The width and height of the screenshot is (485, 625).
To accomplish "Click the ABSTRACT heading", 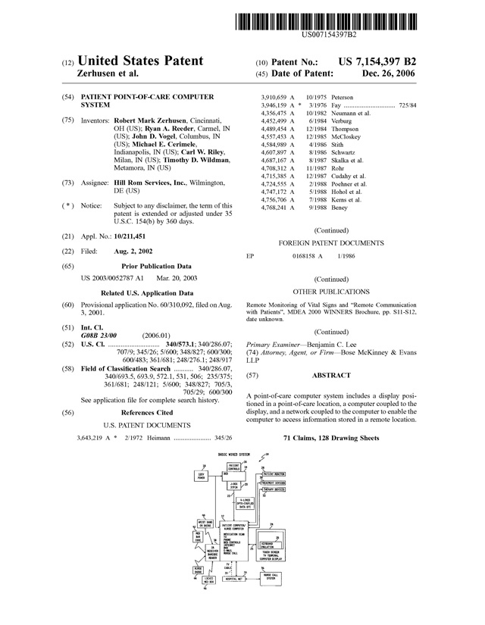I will [330, 375].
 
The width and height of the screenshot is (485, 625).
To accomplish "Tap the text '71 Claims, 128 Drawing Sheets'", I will [330, 439].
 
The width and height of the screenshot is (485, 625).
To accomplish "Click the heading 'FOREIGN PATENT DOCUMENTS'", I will [331, 243].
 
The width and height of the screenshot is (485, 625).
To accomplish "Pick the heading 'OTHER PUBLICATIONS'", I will [331, 291].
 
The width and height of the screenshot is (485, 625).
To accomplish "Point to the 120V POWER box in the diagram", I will [202, 477].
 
